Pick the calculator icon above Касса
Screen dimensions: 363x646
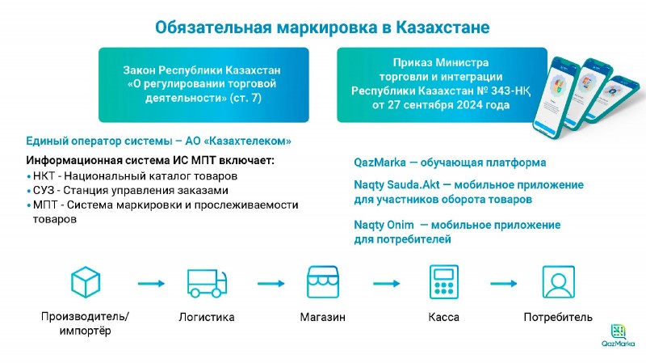coord(443,282)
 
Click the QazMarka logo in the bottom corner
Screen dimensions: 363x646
coord(619,336)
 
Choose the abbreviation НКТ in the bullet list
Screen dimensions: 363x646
coord(45,175)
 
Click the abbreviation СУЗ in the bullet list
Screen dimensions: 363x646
coord(45,190)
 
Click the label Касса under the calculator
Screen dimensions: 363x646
coord(443,318)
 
